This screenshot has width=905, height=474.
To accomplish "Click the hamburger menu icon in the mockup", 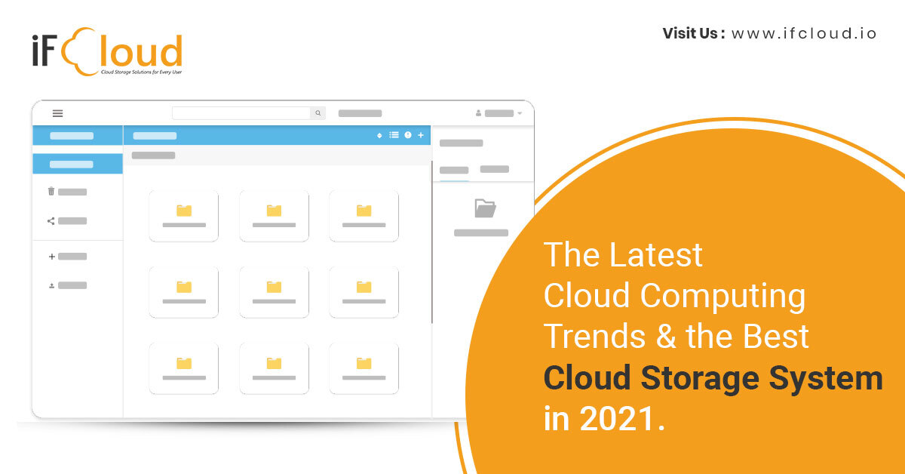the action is (x=58, y=113).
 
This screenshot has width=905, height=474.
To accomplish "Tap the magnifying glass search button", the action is (x=318, y=113).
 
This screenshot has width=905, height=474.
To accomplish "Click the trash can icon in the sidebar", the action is (x=51, y=191).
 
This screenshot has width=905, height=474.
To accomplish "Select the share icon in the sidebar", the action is (x=51, y=221).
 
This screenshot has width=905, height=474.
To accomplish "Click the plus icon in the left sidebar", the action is (x=52, y=257).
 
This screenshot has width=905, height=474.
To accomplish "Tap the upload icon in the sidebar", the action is (x=52, y=285).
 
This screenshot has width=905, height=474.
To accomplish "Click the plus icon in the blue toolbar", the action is (x=421, y=135).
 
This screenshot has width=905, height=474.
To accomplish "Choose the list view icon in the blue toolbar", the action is (x=394, y=135).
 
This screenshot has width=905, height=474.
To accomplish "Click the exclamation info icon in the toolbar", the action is (x=408, y=135).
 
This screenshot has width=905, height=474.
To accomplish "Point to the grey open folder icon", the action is (x=485, y=208).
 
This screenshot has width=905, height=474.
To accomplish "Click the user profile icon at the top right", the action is (x=478, y=113).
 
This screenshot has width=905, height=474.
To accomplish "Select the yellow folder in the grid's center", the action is (x=274, y=287).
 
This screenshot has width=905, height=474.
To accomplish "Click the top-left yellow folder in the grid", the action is (x=184, y=211).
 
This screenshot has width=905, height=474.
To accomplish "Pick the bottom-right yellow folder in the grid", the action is (x=364, y=363).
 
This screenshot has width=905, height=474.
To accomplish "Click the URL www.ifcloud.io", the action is (x=804, y=33).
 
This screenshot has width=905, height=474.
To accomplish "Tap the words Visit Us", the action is (x=690, y=33).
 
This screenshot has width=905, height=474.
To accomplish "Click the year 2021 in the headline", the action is (x=618, y=418).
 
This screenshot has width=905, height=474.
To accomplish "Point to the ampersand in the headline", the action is (x=666, y=336).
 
